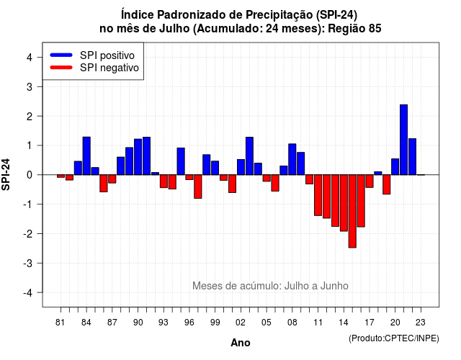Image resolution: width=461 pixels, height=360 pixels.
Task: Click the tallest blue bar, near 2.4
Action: tap(403, 140)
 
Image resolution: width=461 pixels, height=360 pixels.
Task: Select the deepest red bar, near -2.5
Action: tap(352, 211)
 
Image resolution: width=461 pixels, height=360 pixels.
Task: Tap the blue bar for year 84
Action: tap(86, 156)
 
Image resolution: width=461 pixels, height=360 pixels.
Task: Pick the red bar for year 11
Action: tap(318, 195)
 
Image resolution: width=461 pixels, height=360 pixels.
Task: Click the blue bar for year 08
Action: tap(292, 159)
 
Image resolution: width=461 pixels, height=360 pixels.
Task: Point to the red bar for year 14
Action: tap(344, 203)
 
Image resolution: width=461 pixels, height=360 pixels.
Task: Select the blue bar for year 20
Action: tap(395, 167)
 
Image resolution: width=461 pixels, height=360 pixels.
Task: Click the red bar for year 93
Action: tap(164, 181)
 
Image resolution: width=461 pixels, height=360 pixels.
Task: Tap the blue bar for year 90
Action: tap(138, 157)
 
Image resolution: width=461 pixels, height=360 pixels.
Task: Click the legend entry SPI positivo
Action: tap(107, 55)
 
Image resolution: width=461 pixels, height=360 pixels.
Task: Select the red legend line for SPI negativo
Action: tap(61, 68)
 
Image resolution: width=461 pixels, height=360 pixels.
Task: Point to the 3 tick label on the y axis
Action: tap(30, 86)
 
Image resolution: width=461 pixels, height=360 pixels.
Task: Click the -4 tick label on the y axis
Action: tap(28, 293)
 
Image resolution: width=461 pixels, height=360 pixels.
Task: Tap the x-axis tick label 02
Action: tap(241, 323)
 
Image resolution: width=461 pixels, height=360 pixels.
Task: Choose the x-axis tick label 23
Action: tap(421, 323)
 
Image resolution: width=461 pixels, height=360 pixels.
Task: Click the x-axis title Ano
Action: tap(241, 343)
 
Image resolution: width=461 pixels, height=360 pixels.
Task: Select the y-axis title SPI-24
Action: tap(6, 174)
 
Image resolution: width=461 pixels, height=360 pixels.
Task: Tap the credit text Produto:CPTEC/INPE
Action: tap(394, 338)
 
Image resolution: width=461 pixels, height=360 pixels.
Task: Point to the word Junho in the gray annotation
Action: tap(334, 286)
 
